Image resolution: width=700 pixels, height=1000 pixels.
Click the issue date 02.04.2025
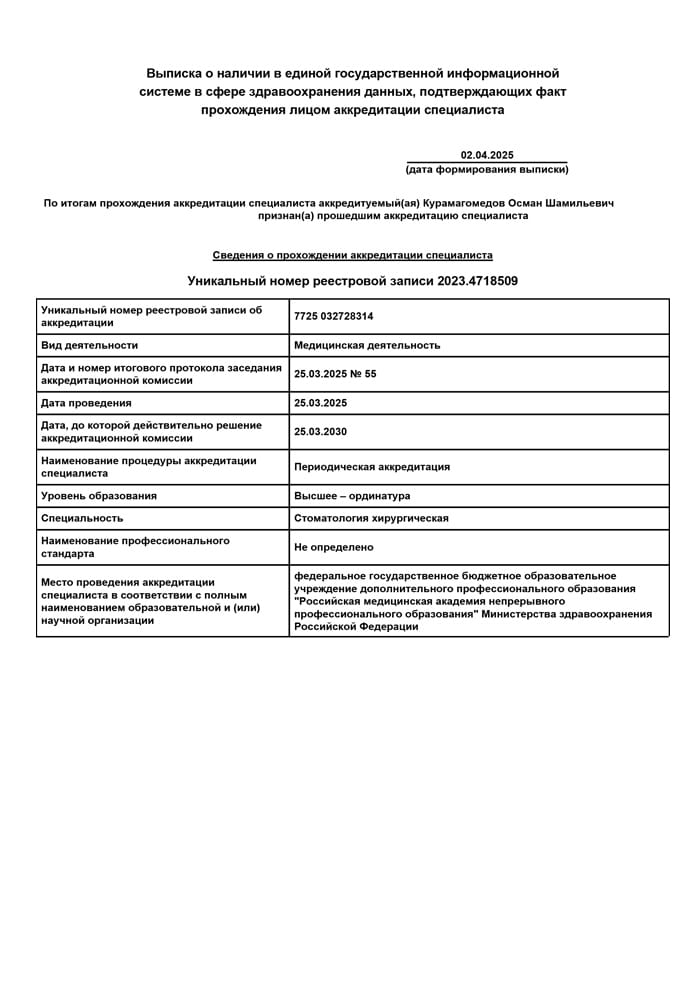[487, 155]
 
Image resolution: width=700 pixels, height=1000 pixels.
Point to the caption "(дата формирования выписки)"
[487, 169]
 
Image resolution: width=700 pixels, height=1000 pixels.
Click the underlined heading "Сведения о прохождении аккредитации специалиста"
[352, 255]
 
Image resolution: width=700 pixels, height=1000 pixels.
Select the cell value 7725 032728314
[334, 316]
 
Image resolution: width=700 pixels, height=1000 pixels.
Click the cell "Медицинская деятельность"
[367, 345]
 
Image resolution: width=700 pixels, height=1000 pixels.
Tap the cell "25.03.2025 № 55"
[335, 374]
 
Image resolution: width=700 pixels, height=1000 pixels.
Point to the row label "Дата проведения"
[86, 403]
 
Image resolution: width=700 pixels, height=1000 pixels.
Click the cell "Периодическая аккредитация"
[372, 467]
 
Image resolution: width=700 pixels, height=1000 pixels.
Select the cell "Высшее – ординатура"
[352, 496]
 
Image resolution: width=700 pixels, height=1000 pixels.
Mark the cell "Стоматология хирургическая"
[371, 518]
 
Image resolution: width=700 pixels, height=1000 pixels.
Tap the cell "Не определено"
[333, 547]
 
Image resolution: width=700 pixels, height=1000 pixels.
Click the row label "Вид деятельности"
[89, 345]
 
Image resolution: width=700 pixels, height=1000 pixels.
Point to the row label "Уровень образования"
[99, 496]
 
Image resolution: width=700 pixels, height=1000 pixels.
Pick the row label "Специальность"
[82, 518]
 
